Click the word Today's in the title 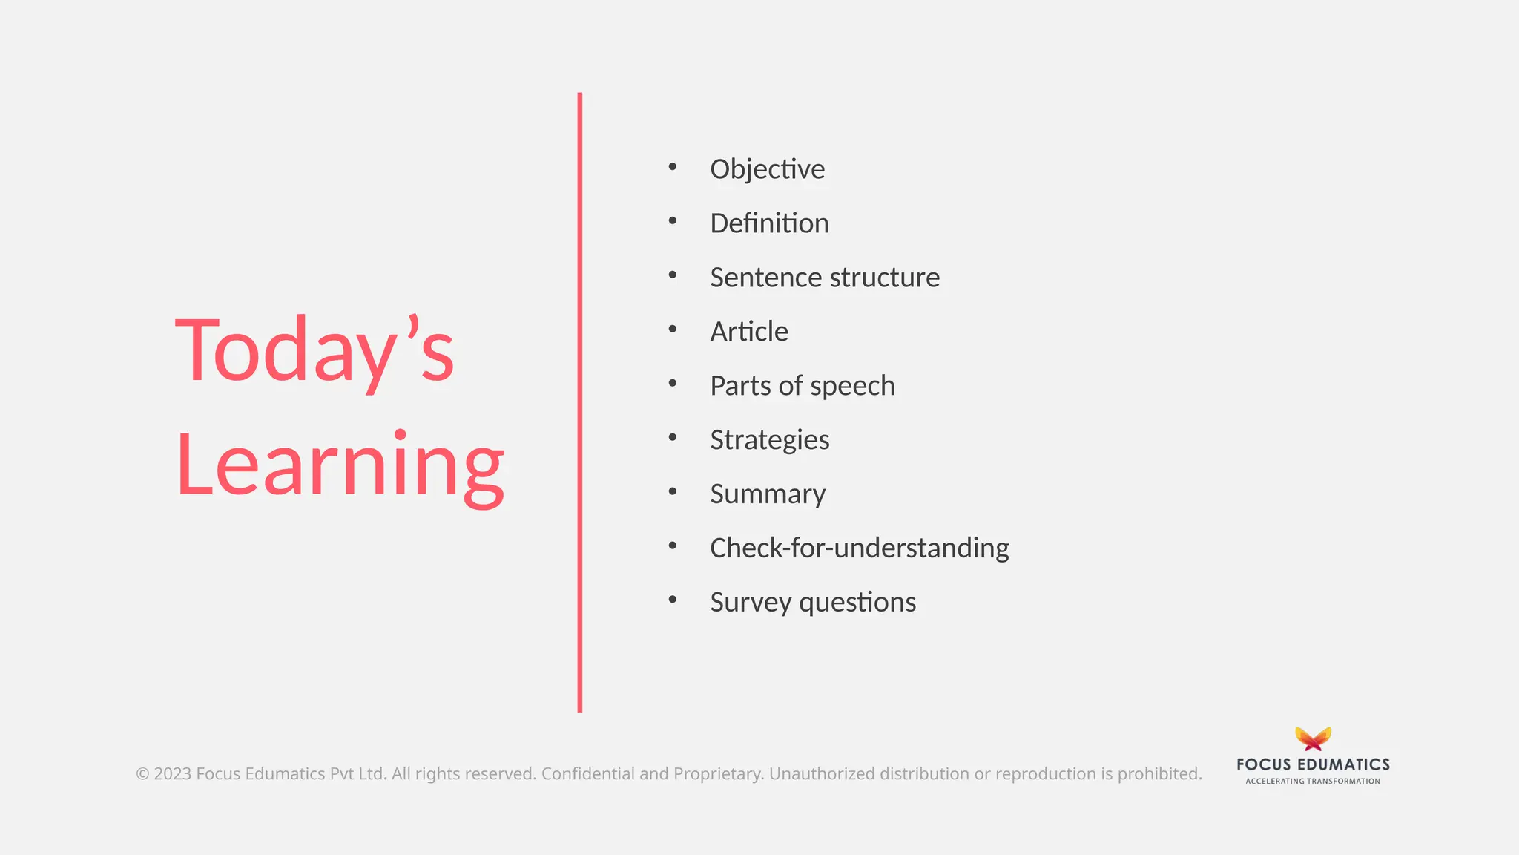(314, 350)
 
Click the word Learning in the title (340, 465)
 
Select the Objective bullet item (767, 169)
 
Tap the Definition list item (769, 223)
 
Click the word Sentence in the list (766, 278)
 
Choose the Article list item (749, 332)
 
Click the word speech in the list (852, 386)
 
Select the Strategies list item (769, 440)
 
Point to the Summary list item (768, 494)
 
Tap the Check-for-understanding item (859, 548)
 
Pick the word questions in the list (857, 603)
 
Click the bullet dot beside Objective (673, 166)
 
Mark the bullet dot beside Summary (673, 491)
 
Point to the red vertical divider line (580, 401)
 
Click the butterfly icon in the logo (1313, 739)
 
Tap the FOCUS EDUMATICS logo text (1313, 764)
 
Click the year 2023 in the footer (172, 774)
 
